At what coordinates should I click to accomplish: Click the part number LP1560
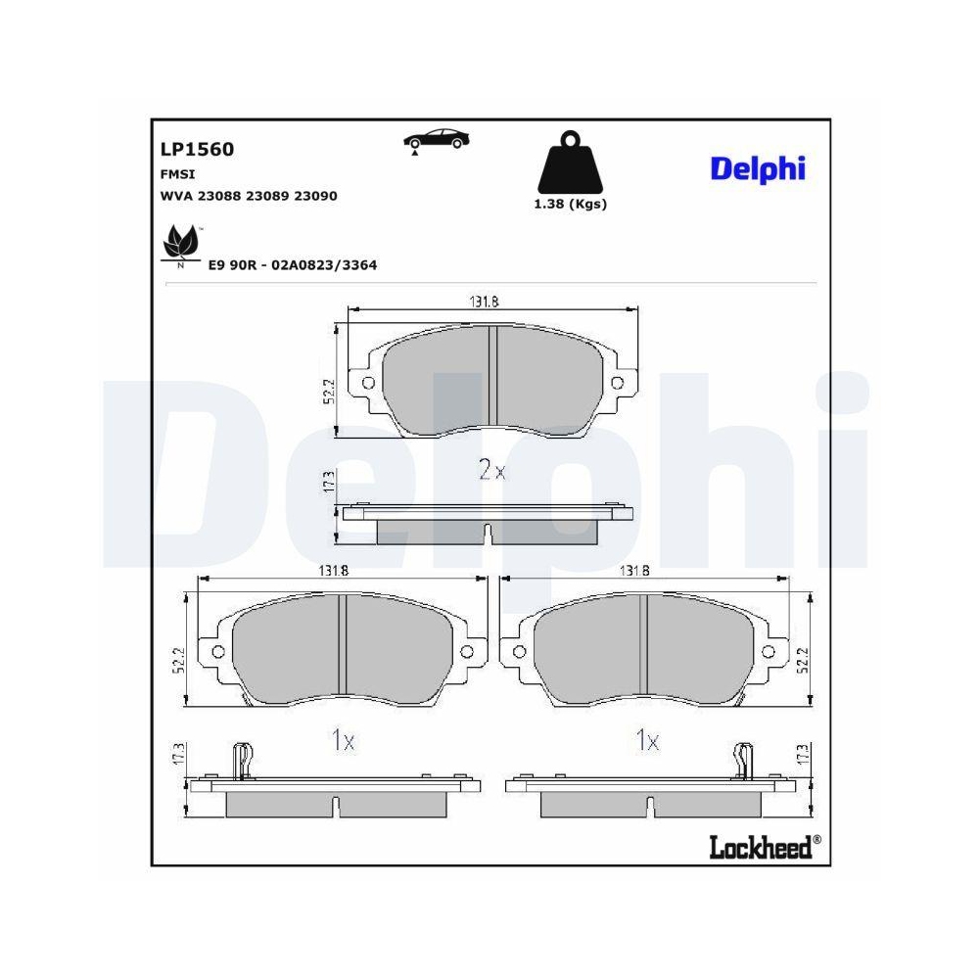pos(197,150)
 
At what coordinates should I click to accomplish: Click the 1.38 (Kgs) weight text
pos(570,204)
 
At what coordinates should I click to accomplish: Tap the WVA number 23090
pos(315,196)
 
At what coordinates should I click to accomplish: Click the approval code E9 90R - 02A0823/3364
pos(293,265)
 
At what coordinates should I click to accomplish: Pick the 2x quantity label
pos(491,471)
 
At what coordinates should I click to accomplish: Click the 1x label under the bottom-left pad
pos(342,742)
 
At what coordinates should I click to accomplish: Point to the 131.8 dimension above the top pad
pos(481,303)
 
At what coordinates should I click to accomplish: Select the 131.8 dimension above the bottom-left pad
pos(331,571)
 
